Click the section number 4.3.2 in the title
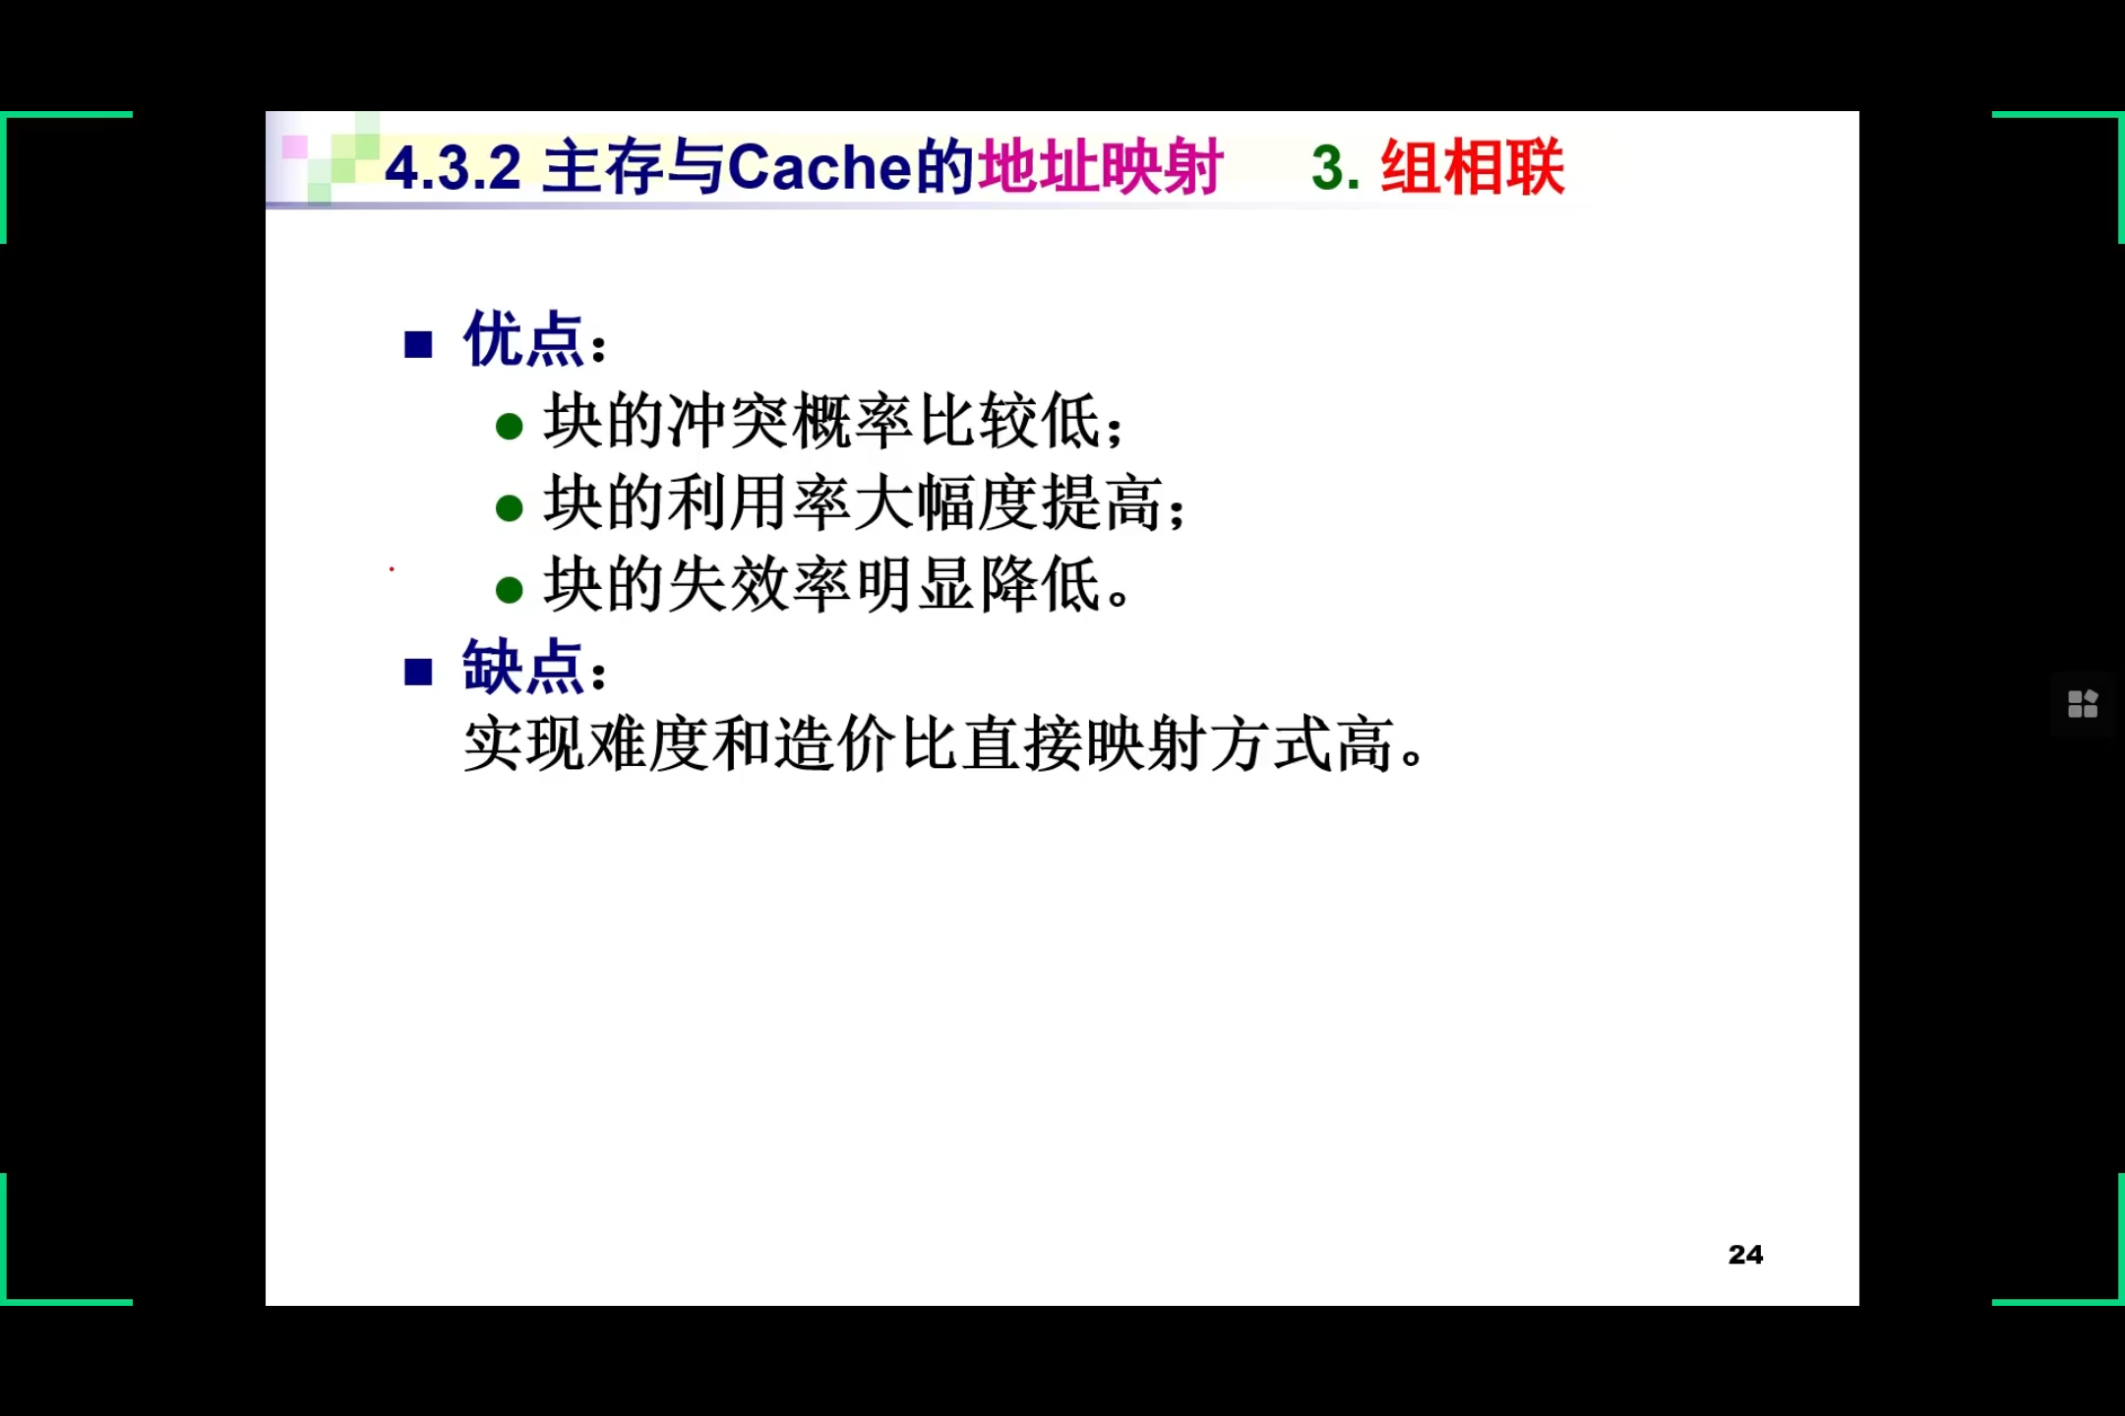click(x=453, y=167)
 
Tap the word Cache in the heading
click(x=820, y=167)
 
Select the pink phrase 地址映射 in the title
click(x=1100, y=167)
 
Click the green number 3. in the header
click(x=1335, y=167)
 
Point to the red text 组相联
click(x=1472, y=167)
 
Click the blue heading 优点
click(x=524, y=340)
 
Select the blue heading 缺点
click(x=524, y=668)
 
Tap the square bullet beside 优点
click(x=418, y=344)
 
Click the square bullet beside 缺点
click(x=418, y=672)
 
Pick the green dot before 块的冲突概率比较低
click(x=509, y=426)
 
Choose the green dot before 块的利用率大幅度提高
click(x=509, y=507)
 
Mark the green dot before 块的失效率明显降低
click(x=509, y=589)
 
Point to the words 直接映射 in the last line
click(x=1084, y=744)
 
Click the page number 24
click(x=1745, y=1255)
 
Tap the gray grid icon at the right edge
click(x=2083, y=703)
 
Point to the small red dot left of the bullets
click(x=392, y=569)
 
